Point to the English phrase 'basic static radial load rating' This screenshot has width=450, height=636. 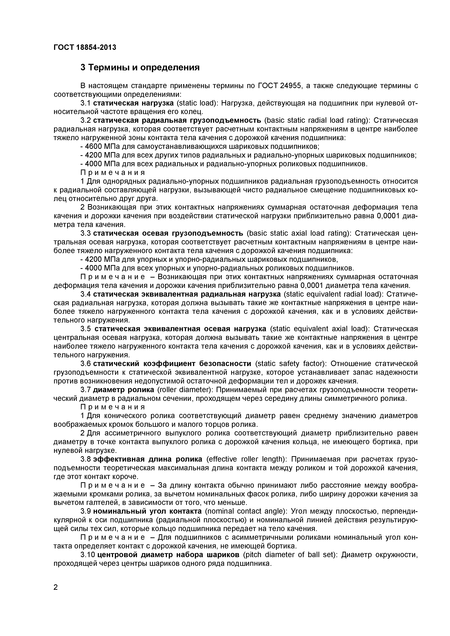316,121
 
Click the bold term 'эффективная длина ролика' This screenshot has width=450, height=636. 148,459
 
